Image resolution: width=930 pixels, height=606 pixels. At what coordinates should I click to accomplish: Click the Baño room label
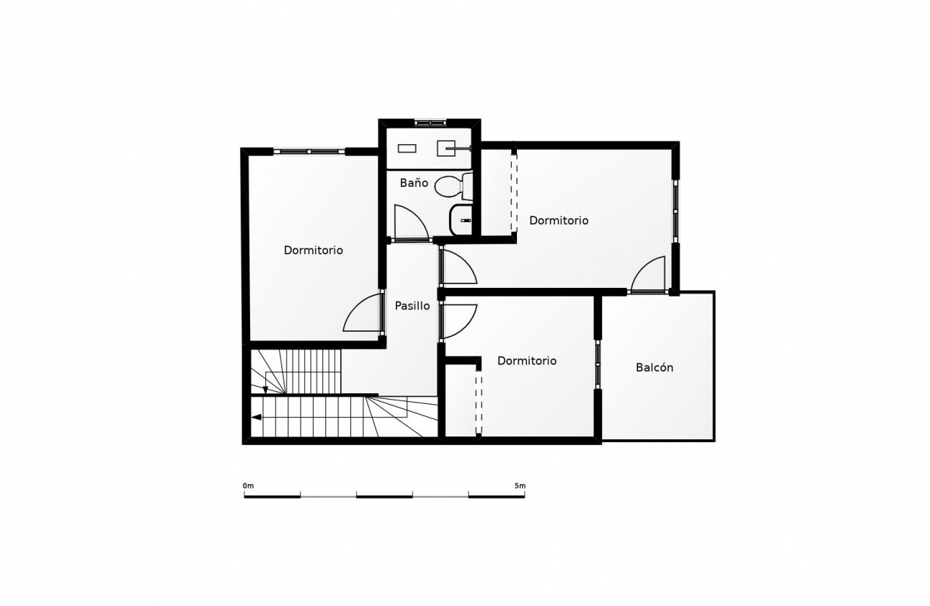pos(414,183)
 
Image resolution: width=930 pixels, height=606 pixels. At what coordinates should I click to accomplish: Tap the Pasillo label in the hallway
pos(412,306)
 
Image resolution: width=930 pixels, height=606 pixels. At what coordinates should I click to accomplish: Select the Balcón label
pos(655,368)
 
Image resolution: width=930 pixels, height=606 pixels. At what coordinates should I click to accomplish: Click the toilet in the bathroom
pos(453,187)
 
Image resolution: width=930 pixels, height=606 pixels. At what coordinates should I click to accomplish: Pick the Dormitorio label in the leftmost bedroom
pos(314,250)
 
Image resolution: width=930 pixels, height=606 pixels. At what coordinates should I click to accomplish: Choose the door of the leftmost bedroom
pos(362,312)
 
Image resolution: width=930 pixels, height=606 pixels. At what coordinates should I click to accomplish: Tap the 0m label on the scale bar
pos(248,486)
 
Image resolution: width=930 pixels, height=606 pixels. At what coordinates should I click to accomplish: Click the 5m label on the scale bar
pos(520,486)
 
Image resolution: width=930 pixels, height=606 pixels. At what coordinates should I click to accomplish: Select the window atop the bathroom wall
pos(430,123)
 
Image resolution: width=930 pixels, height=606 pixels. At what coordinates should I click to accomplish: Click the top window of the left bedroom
pos(309,151)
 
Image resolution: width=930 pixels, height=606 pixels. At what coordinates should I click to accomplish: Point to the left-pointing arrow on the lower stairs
pos(257,417)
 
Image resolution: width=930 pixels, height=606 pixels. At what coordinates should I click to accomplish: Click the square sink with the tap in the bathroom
pos(446,148)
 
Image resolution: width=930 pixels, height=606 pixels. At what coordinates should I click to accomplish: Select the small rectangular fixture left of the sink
pos(407,149)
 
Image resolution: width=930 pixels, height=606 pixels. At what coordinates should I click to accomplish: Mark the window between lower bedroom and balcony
pos(598,364)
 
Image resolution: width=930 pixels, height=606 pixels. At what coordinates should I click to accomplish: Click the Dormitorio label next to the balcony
pos(527,361)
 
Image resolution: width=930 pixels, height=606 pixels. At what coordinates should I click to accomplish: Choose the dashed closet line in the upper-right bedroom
pos(514,193)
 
